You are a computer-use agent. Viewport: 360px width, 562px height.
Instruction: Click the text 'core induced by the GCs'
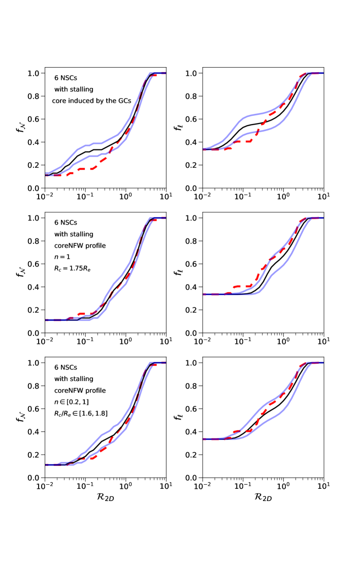[x=91, y=101]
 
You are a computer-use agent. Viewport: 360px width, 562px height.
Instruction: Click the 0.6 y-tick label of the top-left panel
[x=34, y=119]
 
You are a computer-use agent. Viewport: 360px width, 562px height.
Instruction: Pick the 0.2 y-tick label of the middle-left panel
[x=34, y=310]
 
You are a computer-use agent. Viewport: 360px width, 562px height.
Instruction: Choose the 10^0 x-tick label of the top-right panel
[x=283, y=197]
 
